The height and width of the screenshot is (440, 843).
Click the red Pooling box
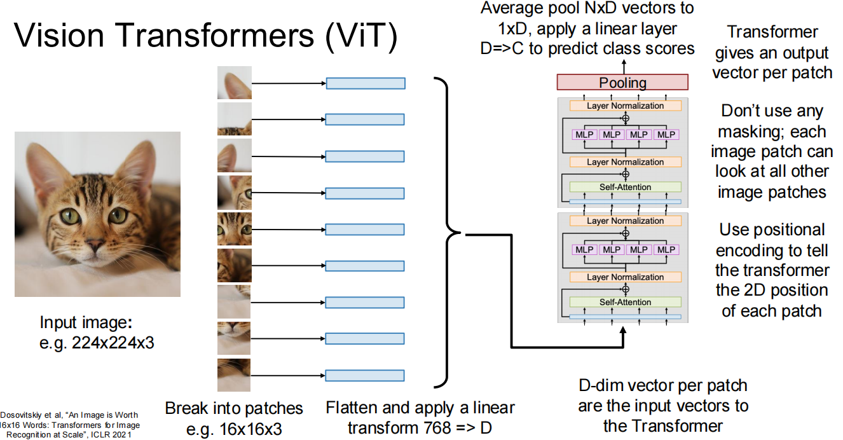click(x=622, y=83)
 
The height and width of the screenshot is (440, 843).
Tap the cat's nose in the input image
click(x=94, y=245)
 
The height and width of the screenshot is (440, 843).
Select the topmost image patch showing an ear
click(x=234, y=83)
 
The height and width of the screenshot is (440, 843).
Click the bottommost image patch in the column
click(x=234, y=375)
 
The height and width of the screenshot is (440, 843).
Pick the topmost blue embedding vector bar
click(x=365, y=83)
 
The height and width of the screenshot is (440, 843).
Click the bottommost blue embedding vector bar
click(x=365, y=375)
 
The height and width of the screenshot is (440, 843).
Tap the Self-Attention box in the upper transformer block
click(x=625, y=187)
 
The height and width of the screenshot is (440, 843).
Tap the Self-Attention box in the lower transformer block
click(x=625, y=302)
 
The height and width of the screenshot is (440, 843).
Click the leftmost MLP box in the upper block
click(x=584, y=135)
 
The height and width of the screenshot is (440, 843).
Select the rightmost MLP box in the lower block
click(x=666, y=250)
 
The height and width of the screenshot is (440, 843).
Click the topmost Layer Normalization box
click(x=625, y=106)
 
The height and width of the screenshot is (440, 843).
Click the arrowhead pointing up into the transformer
click(x=623, y=333)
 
